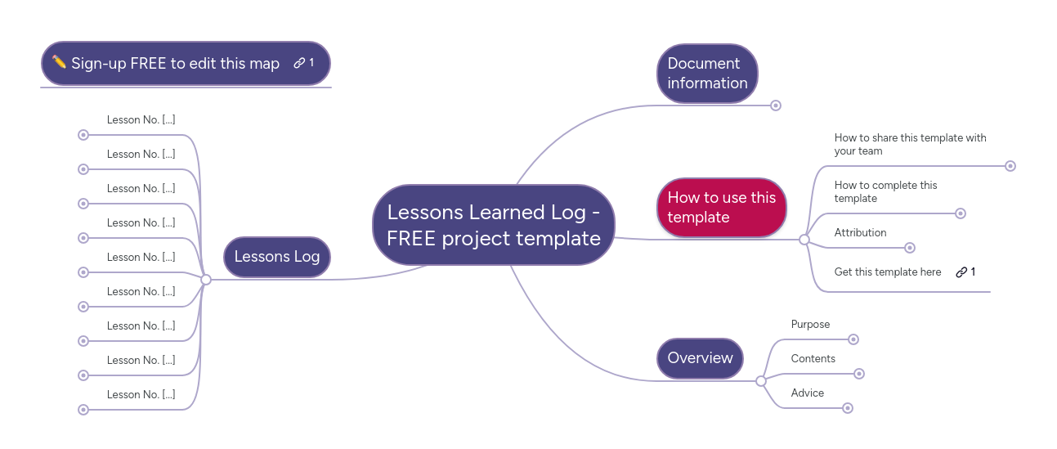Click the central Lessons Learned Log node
pos(493,225)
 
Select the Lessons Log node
pos(276,257)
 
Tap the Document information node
pos(707,74)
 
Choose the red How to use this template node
pos(721,208)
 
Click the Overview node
pos(700,358)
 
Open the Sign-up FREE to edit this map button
pos(175,64)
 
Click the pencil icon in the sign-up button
pos(59,62)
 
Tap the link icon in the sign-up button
pos(300,63)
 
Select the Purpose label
pos(810,325)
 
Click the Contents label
pos(813,359)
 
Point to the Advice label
pos(807,393)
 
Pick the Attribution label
pos(860,233)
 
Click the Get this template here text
pos(887,272)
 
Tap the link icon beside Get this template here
pos(961,272)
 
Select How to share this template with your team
pos(910,145)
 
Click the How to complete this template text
pos(885,192)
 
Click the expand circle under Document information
pos(776,106)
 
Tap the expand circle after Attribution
pos(910,248)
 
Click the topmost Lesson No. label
pos(141,120)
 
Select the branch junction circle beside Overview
pos(761,381)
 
